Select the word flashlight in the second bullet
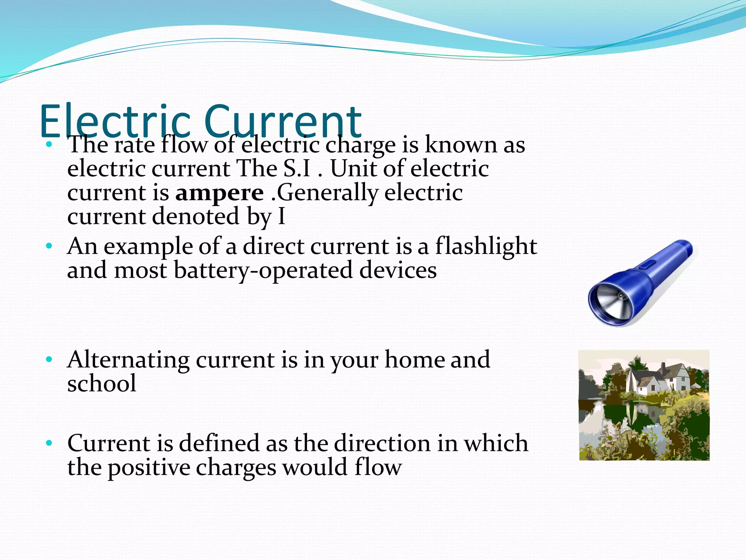click(x=486, y=246)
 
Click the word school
click(x=102, y=384)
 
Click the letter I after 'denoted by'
click(x=281, y=217)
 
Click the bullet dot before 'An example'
click(x=49, y=246)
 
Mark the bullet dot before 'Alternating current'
click(x=49, y=360)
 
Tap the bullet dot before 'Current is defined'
click(x=49, y=444)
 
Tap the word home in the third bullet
click(x=414, y=360)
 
